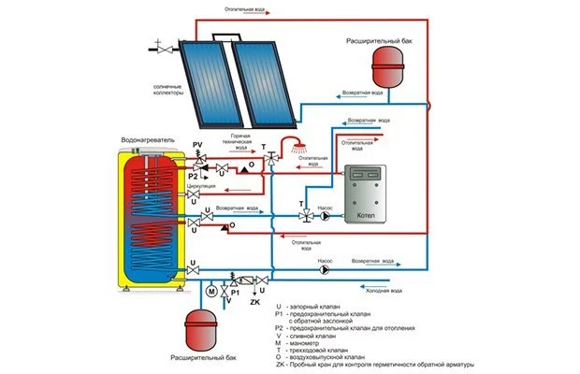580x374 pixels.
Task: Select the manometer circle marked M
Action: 210,291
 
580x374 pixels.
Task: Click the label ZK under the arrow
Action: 254,302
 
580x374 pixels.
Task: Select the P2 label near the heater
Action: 193,175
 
